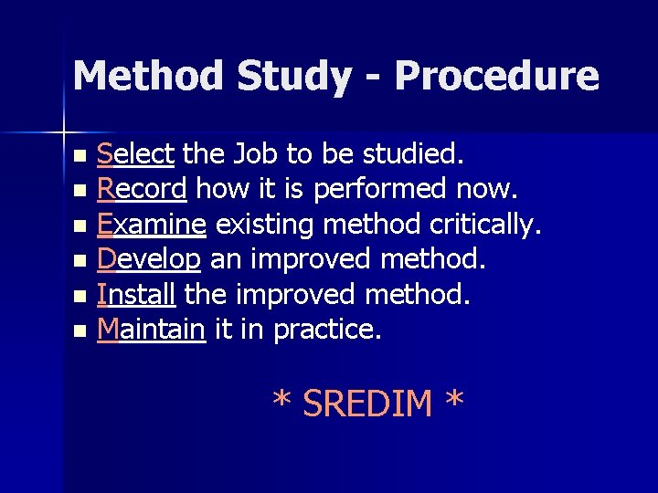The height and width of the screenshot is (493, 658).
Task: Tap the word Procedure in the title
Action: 497,77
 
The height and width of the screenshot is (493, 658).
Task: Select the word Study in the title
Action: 293,77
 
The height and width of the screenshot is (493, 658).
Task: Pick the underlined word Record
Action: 142,189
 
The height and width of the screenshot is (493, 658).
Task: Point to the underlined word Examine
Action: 148,224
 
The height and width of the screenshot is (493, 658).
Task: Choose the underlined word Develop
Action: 148,259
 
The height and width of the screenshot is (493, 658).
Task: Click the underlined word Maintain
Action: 151,329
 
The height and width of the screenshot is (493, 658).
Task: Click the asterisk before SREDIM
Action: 282,402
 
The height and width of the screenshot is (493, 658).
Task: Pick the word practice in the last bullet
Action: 326,329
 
